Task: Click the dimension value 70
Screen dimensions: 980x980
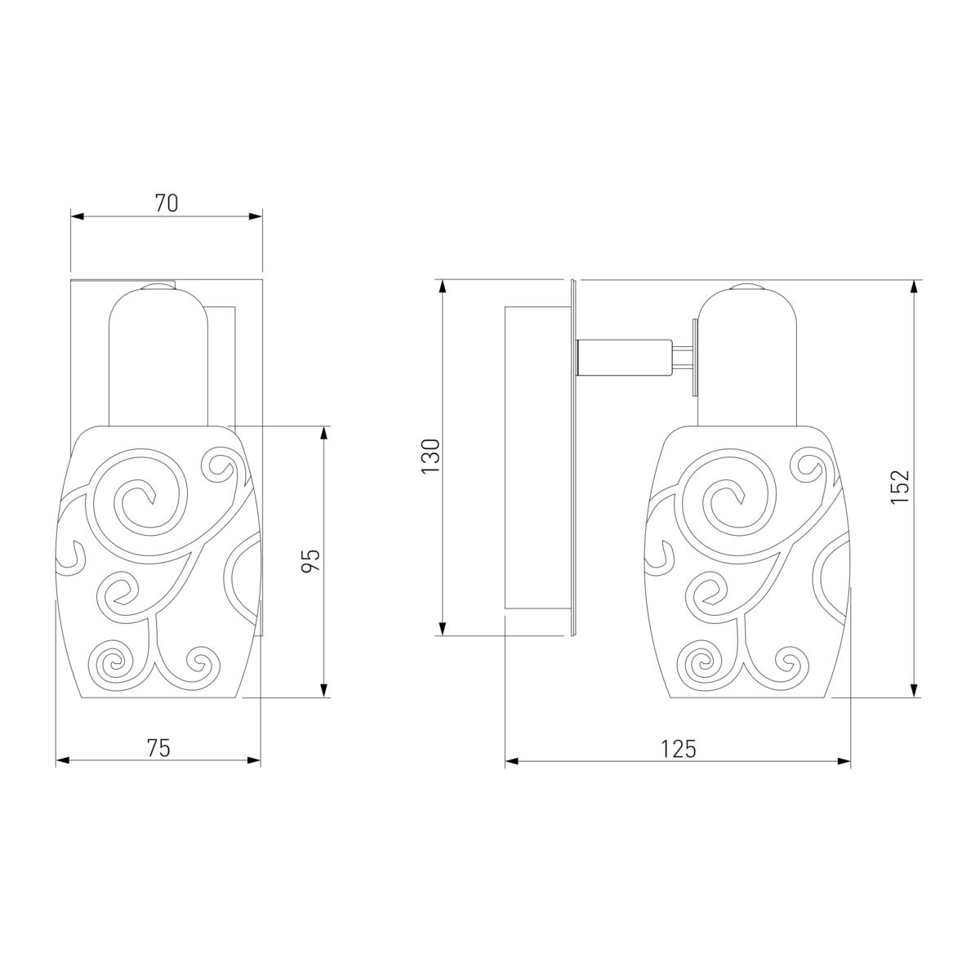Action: [x=167, y=203]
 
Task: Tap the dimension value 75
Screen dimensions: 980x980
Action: [x=158, y=747]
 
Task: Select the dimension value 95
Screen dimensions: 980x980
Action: [x=310, y=560]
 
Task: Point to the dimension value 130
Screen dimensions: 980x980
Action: [x=430, y=457]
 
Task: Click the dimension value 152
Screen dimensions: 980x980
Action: [x=900, y=487]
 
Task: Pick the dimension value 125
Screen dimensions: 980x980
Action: [x=678, y=749]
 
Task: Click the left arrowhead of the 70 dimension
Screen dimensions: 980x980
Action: [x=77, y=216]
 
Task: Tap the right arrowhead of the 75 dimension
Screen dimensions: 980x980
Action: [x=254, y=760]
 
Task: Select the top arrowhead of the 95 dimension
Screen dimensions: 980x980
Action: [x=324, y=432]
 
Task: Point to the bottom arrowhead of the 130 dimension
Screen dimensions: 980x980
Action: [x=443, y=629]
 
